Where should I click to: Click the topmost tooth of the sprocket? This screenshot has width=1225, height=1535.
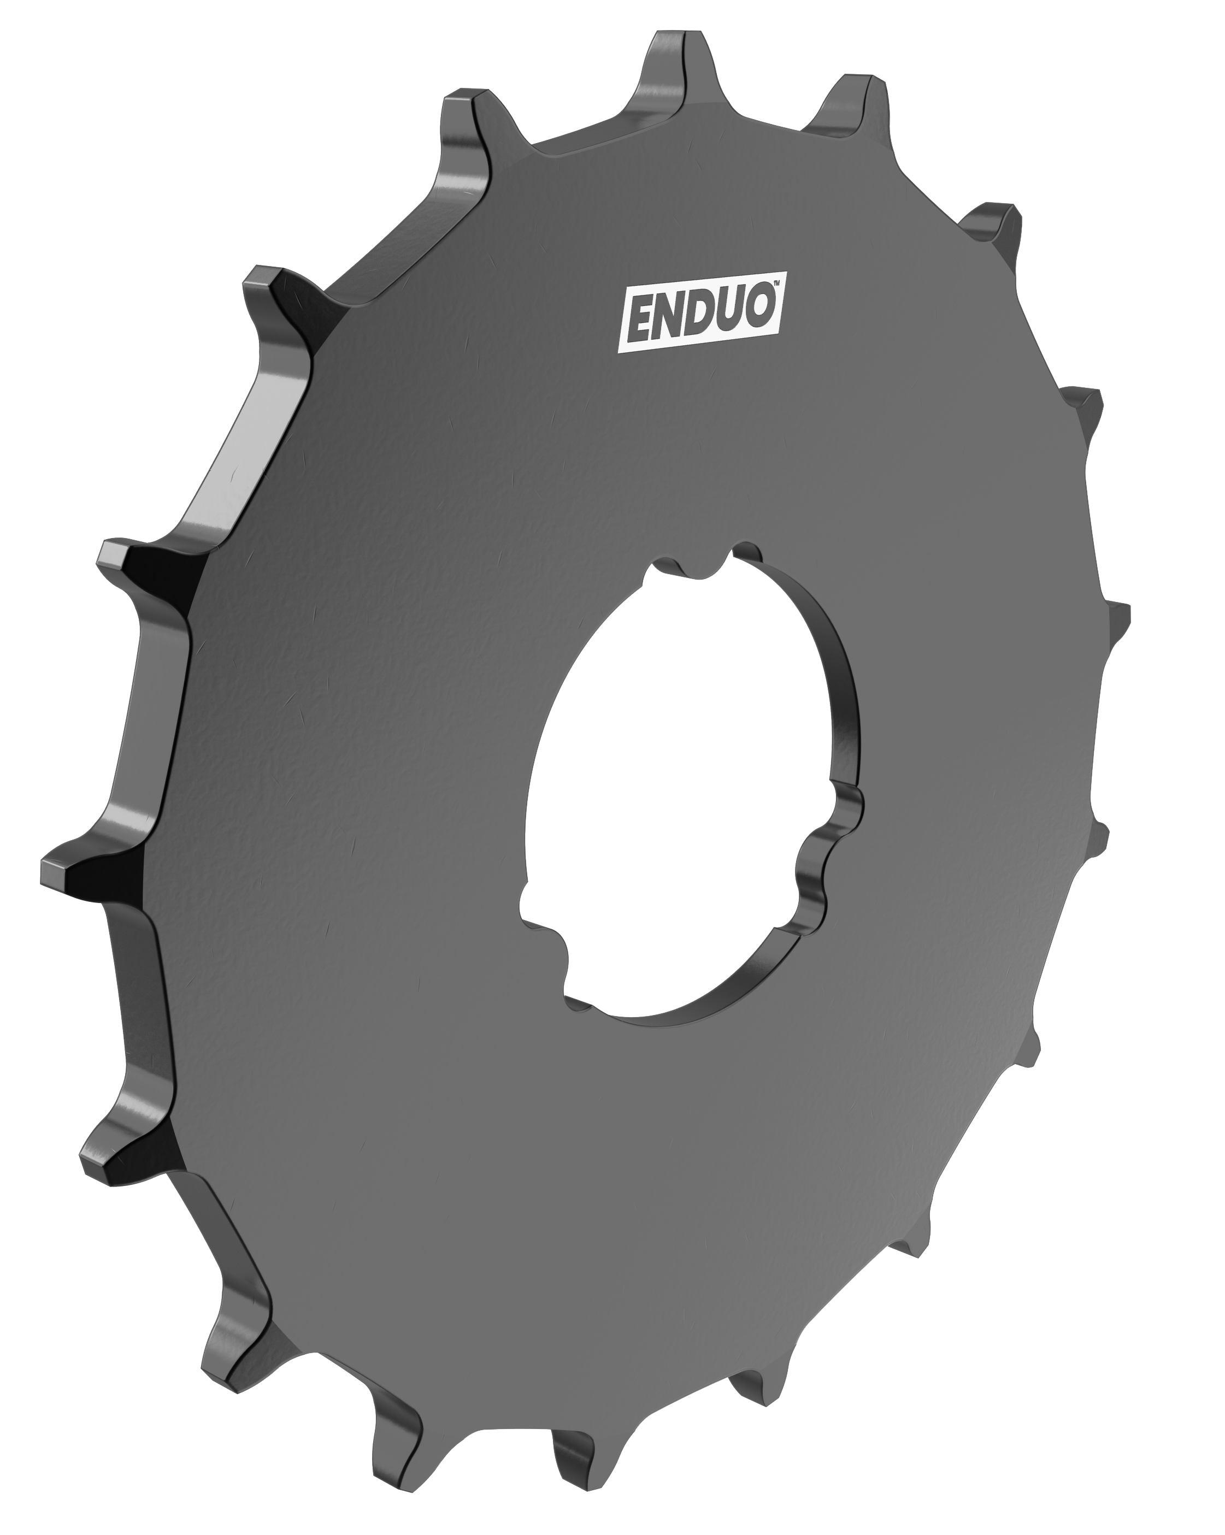666,61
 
